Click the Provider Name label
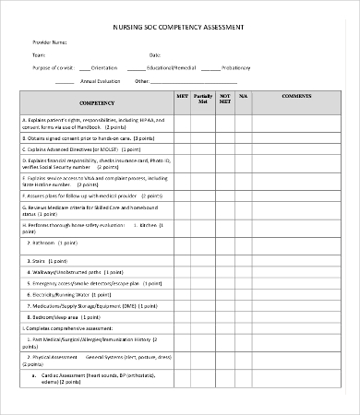click(50, 42)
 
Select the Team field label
click(39, 55)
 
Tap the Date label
click(154, 55)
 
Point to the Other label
click(142, 80)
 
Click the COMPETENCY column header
click(97, 103)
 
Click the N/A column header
click(244, 96)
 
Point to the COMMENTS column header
click(296, 96)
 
